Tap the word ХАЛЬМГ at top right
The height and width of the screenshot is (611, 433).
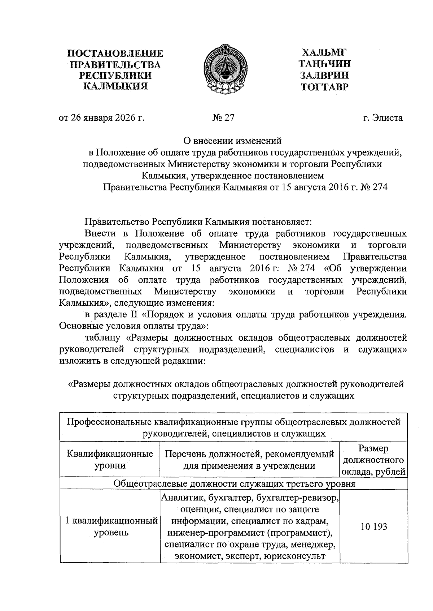point(324,52)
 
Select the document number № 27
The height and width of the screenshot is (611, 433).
point(223,118)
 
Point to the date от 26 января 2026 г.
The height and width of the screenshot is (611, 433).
point(101,118)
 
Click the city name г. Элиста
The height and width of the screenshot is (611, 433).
point(383,118)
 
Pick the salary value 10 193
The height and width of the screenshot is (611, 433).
point(373,526)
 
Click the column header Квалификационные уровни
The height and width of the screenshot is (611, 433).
point(110,459)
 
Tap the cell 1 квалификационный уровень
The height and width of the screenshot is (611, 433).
point(111,526)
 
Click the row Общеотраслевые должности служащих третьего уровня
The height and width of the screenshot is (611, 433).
point(234,483)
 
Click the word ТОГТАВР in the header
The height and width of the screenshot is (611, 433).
point(325,87)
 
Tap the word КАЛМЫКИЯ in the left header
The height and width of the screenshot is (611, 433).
point(115,86)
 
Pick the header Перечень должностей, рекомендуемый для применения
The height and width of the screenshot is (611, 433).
point(249,459)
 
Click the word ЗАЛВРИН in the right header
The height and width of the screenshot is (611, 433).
point(324,75)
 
